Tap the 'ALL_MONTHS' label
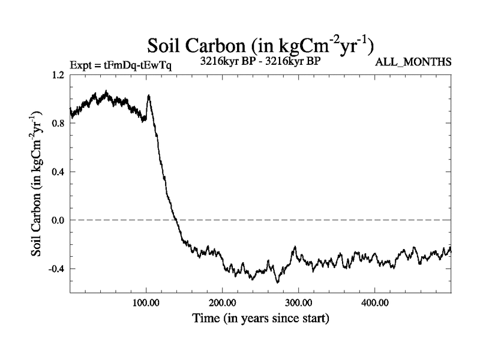(x=413, y=62)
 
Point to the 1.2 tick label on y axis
(x=58, y=75)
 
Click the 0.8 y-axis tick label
(x=58, y=123)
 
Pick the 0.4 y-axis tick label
(x=58, y=172)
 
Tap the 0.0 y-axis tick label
(x=58, y=220)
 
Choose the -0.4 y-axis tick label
(x=56, y=268)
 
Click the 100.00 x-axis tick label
(x=146, y=303)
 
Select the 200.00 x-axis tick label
(x=223, y=303)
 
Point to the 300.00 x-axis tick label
(x=298, y=303)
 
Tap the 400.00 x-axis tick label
(x=374, y=303)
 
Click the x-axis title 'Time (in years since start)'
(x=260, y=318)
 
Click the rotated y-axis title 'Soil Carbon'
(x=40, y=183)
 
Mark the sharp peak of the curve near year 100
(x=148, y=95)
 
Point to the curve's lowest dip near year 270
(x=277, y=281)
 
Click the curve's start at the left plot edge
(x=71, y=112)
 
